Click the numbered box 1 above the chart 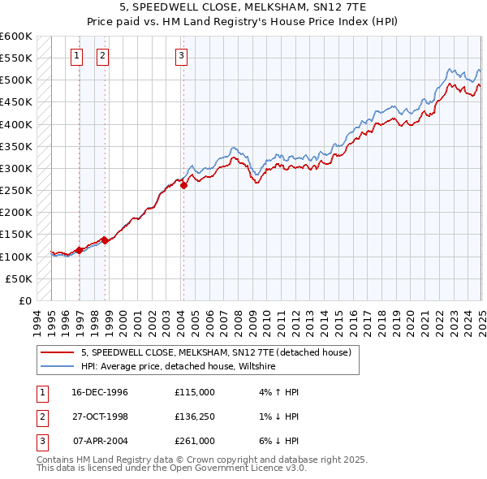tap(76, 56)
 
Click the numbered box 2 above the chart tap(103, 56)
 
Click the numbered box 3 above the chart tap(180, 56)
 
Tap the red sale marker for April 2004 tap(184, 185)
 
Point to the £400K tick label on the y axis tap(16, 124)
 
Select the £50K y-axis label tap(19, 278)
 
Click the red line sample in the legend tap(58, 353)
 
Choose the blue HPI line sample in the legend tap(58, 367)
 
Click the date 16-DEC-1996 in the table tap(100, 392)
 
